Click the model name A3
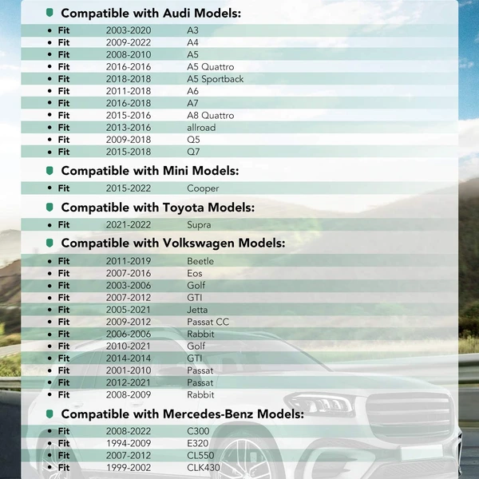pos(192,30)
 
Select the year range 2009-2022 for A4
pos(128,42)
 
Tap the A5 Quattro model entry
pos(210,67)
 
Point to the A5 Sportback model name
pos(215,79)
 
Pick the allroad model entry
pos(201,128)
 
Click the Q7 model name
pos(193,152)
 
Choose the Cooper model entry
pos(203,188)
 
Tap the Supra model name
pos(200,225)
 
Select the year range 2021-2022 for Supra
pos(128,225)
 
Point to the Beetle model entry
pos(200,261)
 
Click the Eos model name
pos(195,273)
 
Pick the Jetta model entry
pos(197,310)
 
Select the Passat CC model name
pos(208,322)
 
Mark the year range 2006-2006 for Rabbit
pos(128,334)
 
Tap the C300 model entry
pos(198,431)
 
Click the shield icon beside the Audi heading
pos(50,14)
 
